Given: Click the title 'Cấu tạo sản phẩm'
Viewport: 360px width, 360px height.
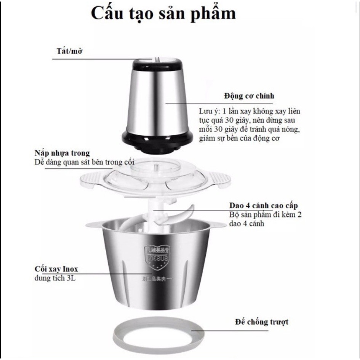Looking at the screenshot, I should [x=163, y=13].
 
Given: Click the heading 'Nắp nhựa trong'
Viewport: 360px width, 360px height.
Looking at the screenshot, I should [x=62, y=153].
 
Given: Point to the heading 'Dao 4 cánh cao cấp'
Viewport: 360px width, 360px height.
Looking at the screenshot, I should [x=264, y=206].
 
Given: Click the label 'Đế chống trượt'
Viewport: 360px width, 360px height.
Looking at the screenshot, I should [x=262, y=322].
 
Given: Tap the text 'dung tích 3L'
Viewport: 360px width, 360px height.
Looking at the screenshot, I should [x=55, y=278].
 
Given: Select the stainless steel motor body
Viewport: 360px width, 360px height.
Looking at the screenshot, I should [x=157, y=99].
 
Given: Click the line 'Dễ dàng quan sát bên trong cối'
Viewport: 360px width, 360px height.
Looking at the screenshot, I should [x=84, y=163].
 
